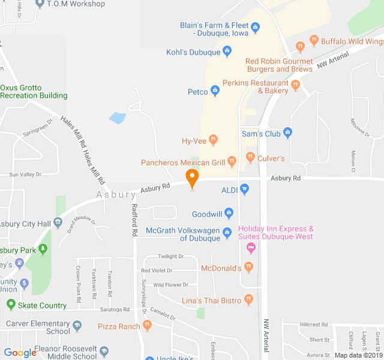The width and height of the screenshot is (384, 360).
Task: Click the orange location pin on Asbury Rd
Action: click(192, 178)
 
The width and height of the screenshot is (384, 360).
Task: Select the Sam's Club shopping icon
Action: click(287, 133)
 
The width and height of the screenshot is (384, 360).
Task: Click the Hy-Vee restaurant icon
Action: click(214, 141)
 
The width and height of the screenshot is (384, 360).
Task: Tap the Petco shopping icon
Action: click(215, 92)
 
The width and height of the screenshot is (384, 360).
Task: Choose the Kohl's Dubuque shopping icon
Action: click(227, 52)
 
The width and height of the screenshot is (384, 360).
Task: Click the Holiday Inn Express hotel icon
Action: click(251, 247)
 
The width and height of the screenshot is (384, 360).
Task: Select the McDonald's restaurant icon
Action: click(249, 268)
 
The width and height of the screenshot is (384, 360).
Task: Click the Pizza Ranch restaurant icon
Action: click(147, 326)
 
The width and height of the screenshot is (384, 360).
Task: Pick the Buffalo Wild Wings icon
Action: click(313, 41)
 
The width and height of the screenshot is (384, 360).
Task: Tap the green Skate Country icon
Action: click(10, 305)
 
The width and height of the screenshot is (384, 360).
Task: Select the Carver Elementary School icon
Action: click(77, 327)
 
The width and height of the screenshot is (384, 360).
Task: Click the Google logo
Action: click(20, 353)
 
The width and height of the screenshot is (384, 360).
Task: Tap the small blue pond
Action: click(118, 118)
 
